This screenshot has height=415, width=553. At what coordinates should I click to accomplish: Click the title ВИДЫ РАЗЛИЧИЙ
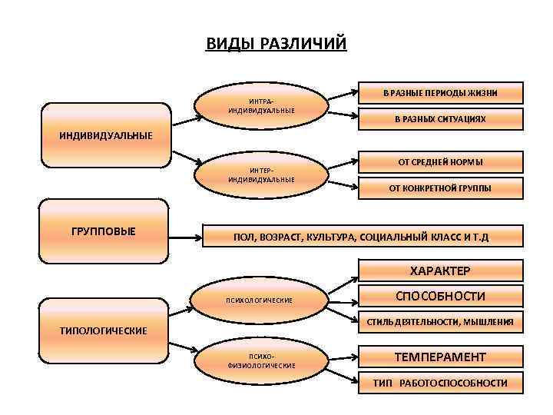(276, 43)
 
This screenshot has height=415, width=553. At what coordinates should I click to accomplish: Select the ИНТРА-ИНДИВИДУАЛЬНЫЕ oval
(261, 106)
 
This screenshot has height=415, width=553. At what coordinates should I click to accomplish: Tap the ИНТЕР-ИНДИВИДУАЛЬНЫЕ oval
(261, 174)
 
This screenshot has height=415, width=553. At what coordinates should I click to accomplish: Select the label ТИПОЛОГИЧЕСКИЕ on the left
(104, 330)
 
